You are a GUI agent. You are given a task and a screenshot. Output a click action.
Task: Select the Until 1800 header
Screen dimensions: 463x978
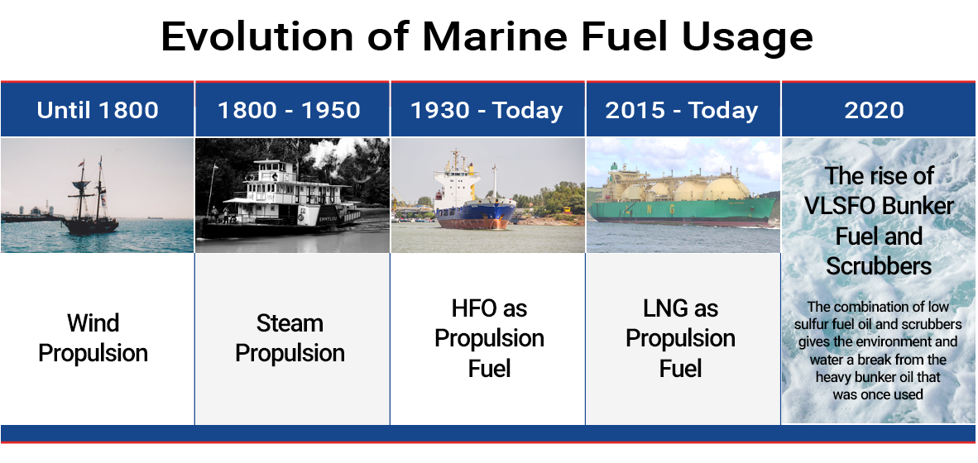coord(98,110)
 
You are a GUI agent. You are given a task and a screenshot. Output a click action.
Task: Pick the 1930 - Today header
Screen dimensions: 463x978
coord(487,110)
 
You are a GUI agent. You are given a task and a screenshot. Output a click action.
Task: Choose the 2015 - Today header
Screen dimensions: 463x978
coord(681,110)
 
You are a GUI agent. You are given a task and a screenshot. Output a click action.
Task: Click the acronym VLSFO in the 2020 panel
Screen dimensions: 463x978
coord(838,206)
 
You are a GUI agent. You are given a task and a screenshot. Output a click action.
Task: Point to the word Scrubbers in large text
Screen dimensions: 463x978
coord(879,265)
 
